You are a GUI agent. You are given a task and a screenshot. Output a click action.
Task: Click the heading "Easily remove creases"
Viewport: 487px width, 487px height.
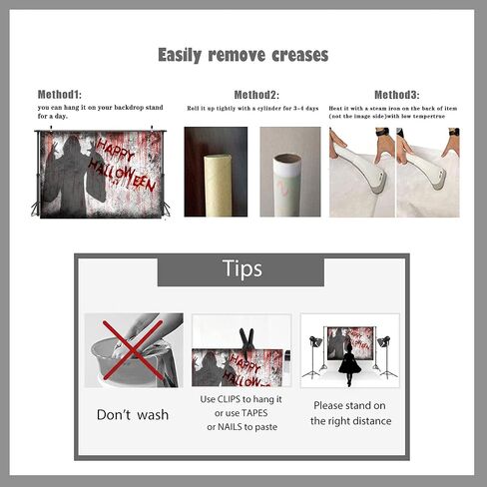tap(243, 55)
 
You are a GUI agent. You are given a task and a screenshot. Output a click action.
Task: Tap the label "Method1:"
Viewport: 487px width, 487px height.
tap(60, 95)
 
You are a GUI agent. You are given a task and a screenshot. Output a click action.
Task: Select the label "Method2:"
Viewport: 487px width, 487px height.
tap(256, 95)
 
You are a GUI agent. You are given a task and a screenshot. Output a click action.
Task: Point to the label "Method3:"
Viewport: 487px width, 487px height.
tap(397, 95)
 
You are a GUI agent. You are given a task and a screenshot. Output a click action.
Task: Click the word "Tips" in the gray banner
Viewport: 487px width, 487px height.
tap(243, 268)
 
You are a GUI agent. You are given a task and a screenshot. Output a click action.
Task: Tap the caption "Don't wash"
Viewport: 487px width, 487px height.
tap(133, 415)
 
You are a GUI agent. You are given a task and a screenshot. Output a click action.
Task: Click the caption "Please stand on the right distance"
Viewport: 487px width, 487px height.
tap(350, 413)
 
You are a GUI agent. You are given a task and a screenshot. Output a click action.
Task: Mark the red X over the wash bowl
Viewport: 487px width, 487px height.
tap(133, 350)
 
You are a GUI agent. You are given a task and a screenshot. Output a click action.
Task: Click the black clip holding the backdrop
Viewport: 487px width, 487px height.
tap(246, 343)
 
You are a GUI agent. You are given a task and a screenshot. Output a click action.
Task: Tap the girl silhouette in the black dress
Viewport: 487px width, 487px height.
tap(349, 364)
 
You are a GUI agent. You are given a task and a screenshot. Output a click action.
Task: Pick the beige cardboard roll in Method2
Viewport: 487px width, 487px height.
tap(218, 185)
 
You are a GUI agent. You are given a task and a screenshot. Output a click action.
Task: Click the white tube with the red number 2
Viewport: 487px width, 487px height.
tap(286, 185)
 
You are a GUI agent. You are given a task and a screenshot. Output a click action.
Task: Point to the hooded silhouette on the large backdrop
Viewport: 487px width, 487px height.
tap(74, 177)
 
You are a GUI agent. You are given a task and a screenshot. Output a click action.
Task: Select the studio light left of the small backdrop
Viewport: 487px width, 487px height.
tap(314, 356)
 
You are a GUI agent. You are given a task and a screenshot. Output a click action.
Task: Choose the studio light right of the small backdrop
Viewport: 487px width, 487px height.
tap(386, 356)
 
